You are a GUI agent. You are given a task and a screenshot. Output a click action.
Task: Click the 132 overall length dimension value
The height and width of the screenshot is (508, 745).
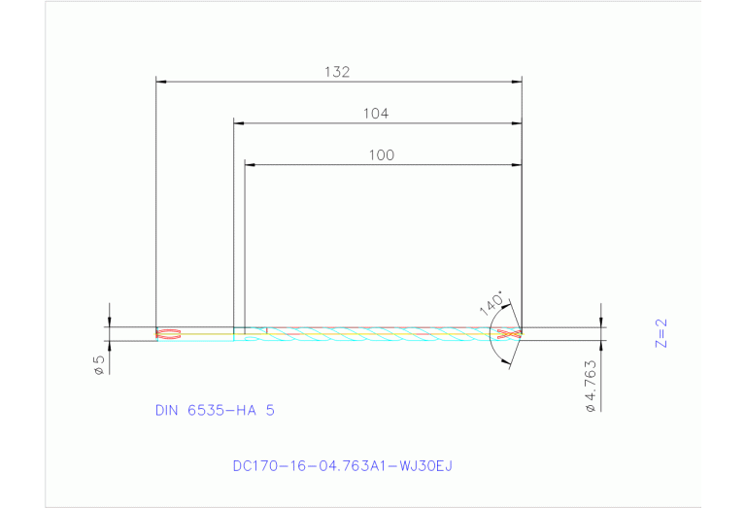[337, 72]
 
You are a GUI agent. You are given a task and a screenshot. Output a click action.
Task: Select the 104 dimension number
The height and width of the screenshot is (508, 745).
[376, 113]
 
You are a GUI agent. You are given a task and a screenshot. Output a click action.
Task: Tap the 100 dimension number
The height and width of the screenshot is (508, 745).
[382, 154]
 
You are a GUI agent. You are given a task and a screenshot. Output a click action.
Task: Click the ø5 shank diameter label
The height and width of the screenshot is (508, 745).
[99, 364]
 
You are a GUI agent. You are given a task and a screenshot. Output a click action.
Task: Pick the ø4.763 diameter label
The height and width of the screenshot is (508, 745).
[591, 385]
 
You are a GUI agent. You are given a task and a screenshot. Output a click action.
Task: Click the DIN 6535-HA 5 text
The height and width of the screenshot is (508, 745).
[215, 410]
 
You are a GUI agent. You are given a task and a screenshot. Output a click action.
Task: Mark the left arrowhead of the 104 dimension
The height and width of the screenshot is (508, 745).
[239, 123]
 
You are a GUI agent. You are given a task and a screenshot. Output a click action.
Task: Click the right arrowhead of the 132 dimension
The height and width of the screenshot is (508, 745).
[518, 82]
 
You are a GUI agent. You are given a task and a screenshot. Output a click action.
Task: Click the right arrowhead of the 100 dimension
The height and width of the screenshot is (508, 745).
[518, 165]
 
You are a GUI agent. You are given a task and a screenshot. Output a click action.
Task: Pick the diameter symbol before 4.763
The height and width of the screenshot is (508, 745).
[591, 409]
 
